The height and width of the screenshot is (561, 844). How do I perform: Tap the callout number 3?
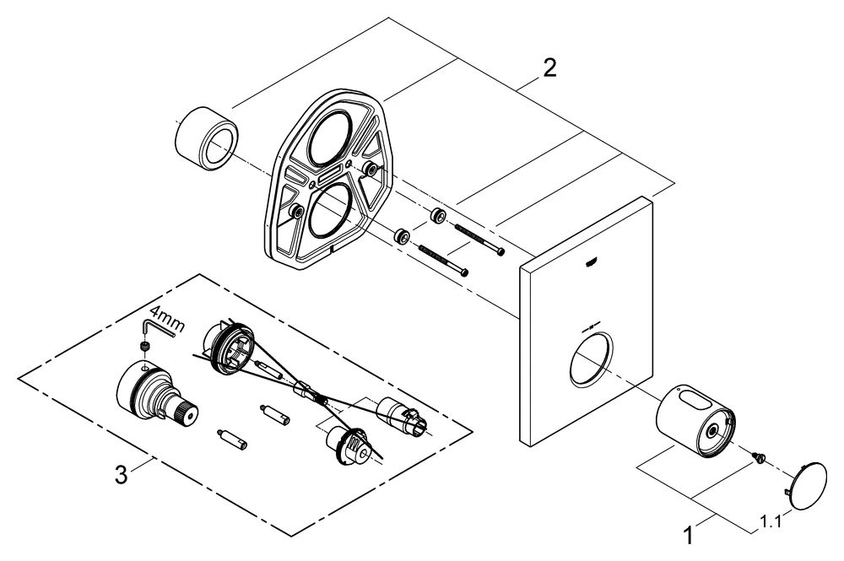pos(122,476)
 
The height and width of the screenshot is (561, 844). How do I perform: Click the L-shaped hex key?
pos(159,324)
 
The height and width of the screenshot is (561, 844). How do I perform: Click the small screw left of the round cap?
pos(759,458)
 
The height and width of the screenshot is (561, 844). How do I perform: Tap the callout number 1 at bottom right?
pos(687,533)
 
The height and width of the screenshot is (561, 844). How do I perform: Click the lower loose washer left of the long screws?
pos(403,236)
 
